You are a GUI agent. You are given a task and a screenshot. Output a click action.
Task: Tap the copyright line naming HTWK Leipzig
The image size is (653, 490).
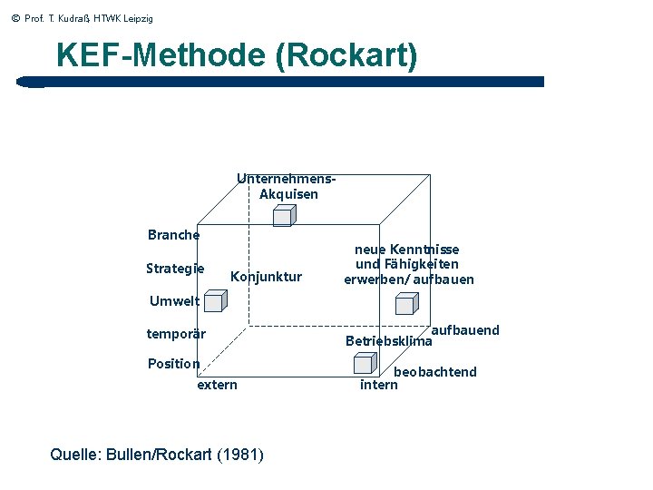click(x=83, y=18)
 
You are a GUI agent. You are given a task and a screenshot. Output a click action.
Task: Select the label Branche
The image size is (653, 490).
click(x=173, y=235)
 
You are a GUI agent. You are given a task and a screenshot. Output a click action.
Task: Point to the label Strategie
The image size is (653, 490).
click(x=175, y=269)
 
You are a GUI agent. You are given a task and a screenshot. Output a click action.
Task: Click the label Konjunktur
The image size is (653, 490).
click(x=267, y=277)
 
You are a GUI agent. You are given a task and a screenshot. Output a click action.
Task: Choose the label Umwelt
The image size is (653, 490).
click(x=174, y=301)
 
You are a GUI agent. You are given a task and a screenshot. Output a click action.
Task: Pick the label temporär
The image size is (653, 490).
click(x=176, y=334)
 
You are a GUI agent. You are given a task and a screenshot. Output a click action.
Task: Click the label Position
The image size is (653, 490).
click(x=173, y=364)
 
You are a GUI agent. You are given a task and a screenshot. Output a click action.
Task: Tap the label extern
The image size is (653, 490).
click(x=218, y=385)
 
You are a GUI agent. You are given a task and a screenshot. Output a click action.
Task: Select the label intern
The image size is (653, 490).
click(x=379, y=385)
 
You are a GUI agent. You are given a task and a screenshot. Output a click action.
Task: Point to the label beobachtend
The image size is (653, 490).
click(x=434, y=372)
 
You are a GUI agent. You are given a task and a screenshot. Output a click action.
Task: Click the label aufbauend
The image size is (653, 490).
click(x=465, y=330)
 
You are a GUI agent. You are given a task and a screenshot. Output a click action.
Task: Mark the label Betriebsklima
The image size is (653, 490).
click(x=389, y=341)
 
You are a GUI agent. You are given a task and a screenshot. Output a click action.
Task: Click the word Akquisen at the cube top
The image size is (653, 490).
click(x=288, y=194)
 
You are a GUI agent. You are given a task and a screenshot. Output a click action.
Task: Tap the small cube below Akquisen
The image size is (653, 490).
click(x=284, y=216)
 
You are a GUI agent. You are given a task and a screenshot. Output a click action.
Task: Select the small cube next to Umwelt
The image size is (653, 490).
click(x=214, y=301)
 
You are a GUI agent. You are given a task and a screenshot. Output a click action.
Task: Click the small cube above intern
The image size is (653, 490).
click(x=363, y=364)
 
